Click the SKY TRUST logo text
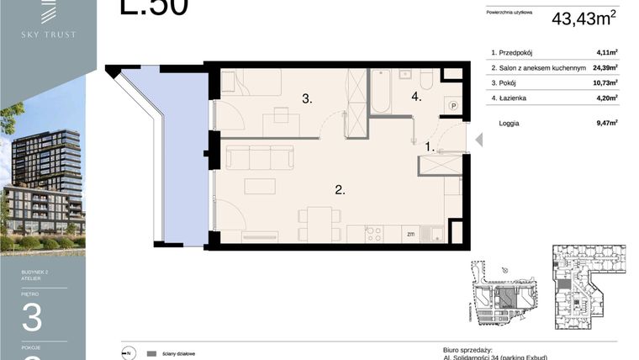[x=48, y=34]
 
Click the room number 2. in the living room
[x=341, y=190]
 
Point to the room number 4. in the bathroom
[x=416, y=97]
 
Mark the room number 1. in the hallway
[x=430, y=146]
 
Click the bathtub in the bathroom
[x=381, y=93]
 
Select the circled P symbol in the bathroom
[x=453, y=106]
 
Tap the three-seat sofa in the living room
[x=260, y=157]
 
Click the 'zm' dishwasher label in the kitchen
[x=410, y=234]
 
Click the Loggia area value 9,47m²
[x=606, y=123]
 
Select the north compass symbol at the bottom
[x=128, y=352]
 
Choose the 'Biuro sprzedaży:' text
[x=467, y=348]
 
